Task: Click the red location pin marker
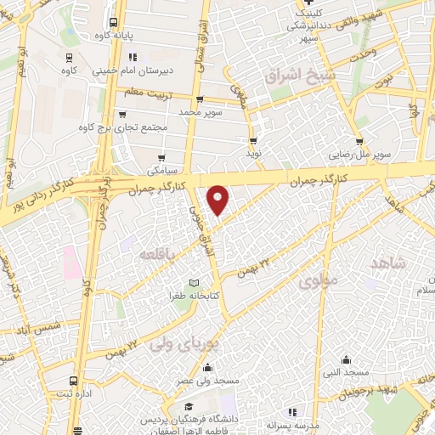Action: point(218,200)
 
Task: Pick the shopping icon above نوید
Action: point(253,141)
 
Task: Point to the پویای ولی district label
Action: point(184,344)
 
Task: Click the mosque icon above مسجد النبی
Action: point(345,359)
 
